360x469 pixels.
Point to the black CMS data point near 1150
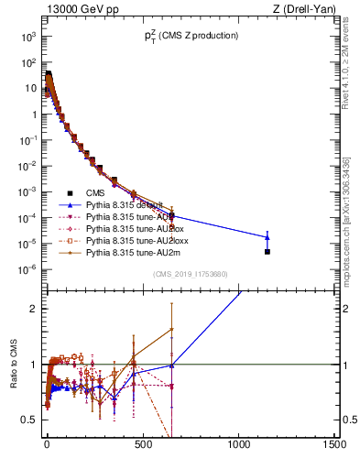tap(267, 251)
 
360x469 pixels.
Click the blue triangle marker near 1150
tap(267, 237)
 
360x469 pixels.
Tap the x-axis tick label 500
tap(142, 444)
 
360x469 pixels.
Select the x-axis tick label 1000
tap(239, 444)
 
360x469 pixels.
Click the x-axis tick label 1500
tap(335, 444)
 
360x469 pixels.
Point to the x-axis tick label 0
tap(47, 444)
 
